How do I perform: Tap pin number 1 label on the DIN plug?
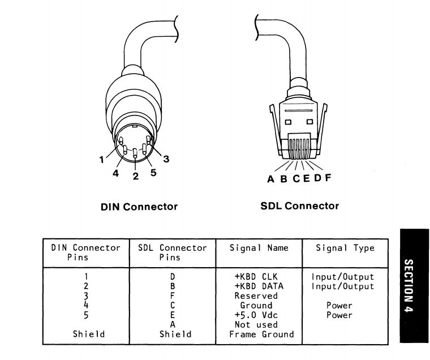point(102,160)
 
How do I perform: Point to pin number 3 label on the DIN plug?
point(166,159)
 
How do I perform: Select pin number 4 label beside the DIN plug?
point(115,174)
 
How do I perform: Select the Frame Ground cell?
point(261,334)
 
